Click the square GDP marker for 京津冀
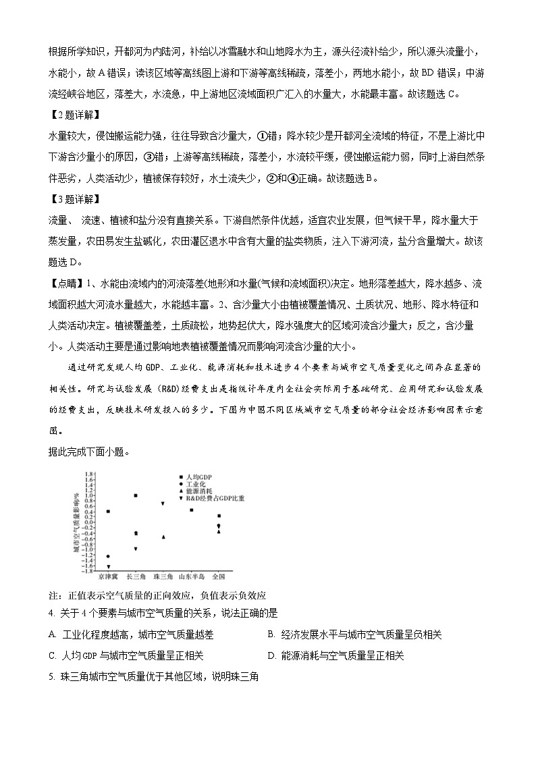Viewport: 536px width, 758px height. click(x=108, y=512)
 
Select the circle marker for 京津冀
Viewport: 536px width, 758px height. click(x=108, y=556)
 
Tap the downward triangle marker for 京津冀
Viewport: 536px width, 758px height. click(x=108, y=567)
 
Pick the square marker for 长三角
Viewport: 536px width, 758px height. click(x=136, y=495)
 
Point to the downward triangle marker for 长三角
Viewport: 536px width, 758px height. click(x=136, y=549)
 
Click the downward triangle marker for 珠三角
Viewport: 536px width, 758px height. click(x=163, y=504)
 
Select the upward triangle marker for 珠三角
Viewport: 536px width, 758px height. click(x=163, y=537)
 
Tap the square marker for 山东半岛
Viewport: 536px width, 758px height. click(x=191, y=510)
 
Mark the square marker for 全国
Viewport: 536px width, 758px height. click(x=219, y=516)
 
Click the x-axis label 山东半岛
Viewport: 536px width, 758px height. click(x=191, y=577)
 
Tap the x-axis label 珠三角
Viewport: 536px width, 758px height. click(x=163, y=577)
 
